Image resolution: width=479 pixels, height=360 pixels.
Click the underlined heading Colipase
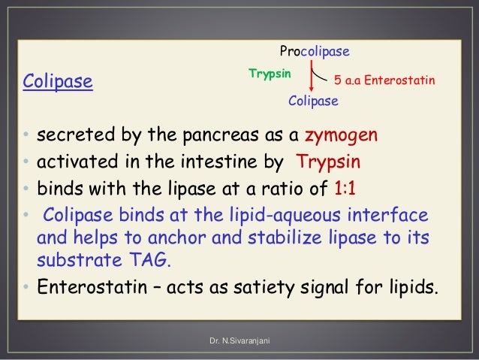click(x=58, y=80)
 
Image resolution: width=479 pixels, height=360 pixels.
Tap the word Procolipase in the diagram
click(x=315, y=52)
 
